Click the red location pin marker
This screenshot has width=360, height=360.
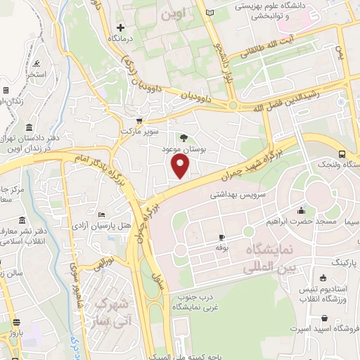click(x=181, y=166)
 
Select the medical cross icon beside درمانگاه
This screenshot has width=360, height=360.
click(x=120, y=28)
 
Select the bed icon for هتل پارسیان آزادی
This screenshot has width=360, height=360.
click(x=102, y=214)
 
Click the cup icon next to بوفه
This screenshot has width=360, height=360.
click(x=221, y=238)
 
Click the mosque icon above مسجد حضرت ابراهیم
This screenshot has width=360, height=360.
click(x=301, y=210)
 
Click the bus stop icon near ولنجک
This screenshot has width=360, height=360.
click(x=342, y=154)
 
